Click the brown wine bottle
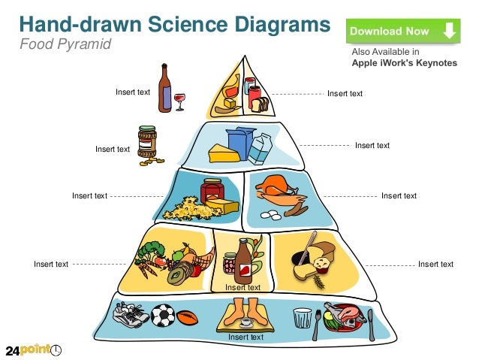[x=164, y=88]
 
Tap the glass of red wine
[x=179, y=100]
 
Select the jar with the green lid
[x=147, y=141]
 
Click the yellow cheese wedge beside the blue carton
[x=222, y=153]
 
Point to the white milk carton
[x=260, y=147]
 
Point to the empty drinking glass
[x=303, y=319]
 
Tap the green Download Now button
[x=402, y=32]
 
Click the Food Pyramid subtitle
[x=65, y=44]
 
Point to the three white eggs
[x=268, y=216]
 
